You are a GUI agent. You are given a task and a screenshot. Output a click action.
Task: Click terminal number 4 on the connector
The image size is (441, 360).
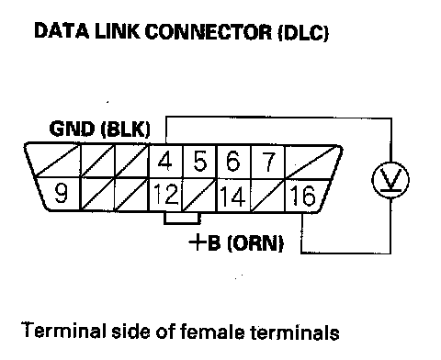click(x=164, y=162)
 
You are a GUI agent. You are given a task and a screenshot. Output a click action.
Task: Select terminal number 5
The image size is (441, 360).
click(x=200, y=162)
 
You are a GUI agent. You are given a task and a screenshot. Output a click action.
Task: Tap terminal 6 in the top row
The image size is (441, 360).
click(x=232, y=161)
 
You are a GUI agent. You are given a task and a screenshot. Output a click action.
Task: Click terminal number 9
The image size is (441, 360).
click(x=62, y=193)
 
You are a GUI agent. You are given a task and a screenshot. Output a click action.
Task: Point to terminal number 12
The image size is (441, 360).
click(x=165, y=194)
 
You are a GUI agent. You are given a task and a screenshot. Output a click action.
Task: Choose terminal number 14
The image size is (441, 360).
click(x=232, y=196)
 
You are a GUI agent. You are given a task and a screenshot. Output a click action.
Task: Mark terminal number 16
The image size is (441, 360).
click(x=302, y=195)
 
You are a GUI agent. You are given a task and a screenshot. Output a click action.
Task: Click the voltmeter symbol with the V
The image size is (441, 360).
click(x=390, y=180)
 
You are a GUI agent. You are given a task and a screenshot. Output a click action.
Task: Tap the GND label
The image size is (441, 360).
click(x=72, y=129)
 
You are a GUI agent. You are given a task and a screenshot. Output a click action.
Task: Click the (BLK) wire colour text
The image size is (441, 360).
click(x=126, y=129)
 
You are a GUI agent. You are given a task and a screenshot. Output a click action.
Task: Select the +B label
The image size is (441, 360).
click(x=205, y=242)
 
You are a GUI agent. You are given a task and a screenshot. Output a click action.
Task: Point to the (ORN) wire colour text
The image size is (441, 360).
click(x=255, y=243)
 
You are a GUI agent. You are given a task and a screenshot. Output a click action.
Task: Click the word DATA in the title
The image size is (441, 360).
click(x=62, y=31)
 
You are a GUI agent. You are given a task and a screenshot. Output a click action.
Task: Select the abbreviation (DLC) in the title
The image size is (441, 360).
click(x=303, y=32)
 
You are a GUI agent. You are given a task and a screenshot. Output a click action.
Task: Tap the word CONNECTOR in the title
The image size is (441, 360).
click(x=209, y=31)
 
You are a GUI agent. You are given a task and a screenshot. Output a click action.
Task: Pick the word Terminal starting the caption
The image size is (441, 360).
click(x=64, y=330)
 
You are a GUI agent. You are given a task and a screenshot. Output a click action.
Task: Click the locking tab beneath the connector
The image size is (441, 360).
click(x=182, y=218)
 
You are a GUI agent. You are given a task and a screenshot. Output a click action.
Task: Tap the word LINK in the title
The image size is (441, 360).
click(x=118, y=31)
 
